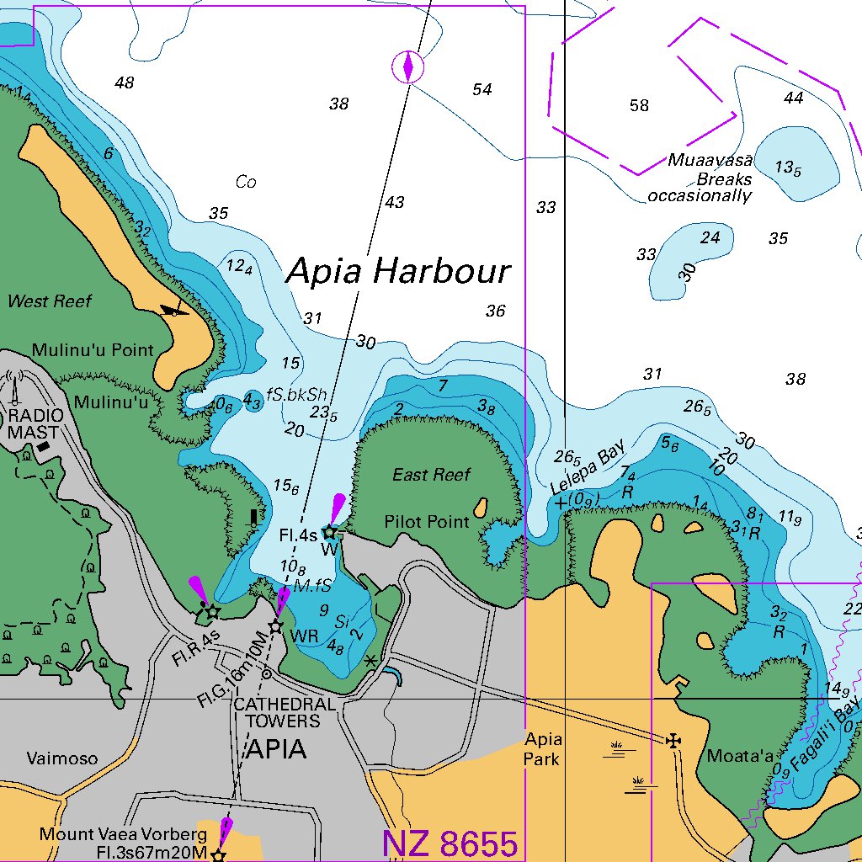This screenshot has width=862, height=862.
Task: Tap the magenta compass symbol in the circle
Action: click(x=408, y=67)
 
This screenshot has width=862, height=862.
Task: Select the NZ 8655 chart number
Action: click(x=450, y=843)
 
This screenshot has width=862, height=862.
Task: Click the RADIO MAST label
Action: click(x=34, y=424)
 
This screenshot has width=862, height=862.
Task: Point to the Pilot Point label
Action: click(x=427, y=522)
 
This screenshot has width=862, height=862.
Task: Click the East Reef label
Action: click(x=431, y=475)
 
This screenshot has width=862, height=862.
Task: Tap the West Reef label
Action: click(x=49, y=301)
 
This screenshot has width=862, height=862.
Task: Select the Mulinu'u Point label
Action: click(x=93, y=350)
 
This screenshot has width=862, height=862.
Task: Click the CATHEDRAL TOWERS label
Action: click(x=277, y=712)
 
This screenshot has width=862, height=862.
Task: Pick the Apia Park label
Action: click(x=543, y=748)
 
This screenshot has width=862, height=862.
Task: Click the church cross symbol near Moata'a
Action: click(x=673, y=741)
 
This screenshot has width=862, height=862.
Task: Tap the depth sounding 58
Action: click(x=639, y=105)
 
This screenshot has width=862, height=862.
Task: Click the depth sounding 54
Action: click(x=482, y=89)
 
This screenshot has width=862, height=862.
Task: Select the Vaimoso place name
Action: click(x=61, y=758)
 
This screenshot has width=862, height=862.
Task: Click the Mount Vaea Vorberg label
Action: click(x=123, y=834)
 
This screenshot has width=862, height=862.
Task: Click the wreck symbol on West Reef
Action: click(x=174, y=311)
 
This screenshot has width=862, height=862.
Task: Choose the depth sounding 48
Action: click(x=125, y=82)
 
